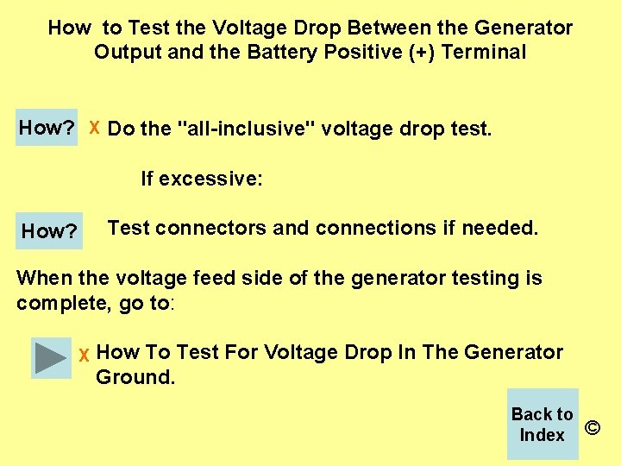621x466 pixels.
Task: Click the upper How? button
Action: (x=47, y=128)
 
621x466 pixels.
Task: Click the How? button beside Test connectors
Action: (x=49, y=230)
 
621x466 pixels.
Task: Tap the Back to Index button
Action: (x=542, y=424)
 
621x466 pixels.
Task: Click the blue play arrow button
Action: (x=52, y=357)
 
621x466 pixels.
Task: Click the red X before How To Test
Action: (x=84, y=356)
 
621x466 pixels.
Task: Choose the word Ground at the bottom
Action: (x=134, y=377)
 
